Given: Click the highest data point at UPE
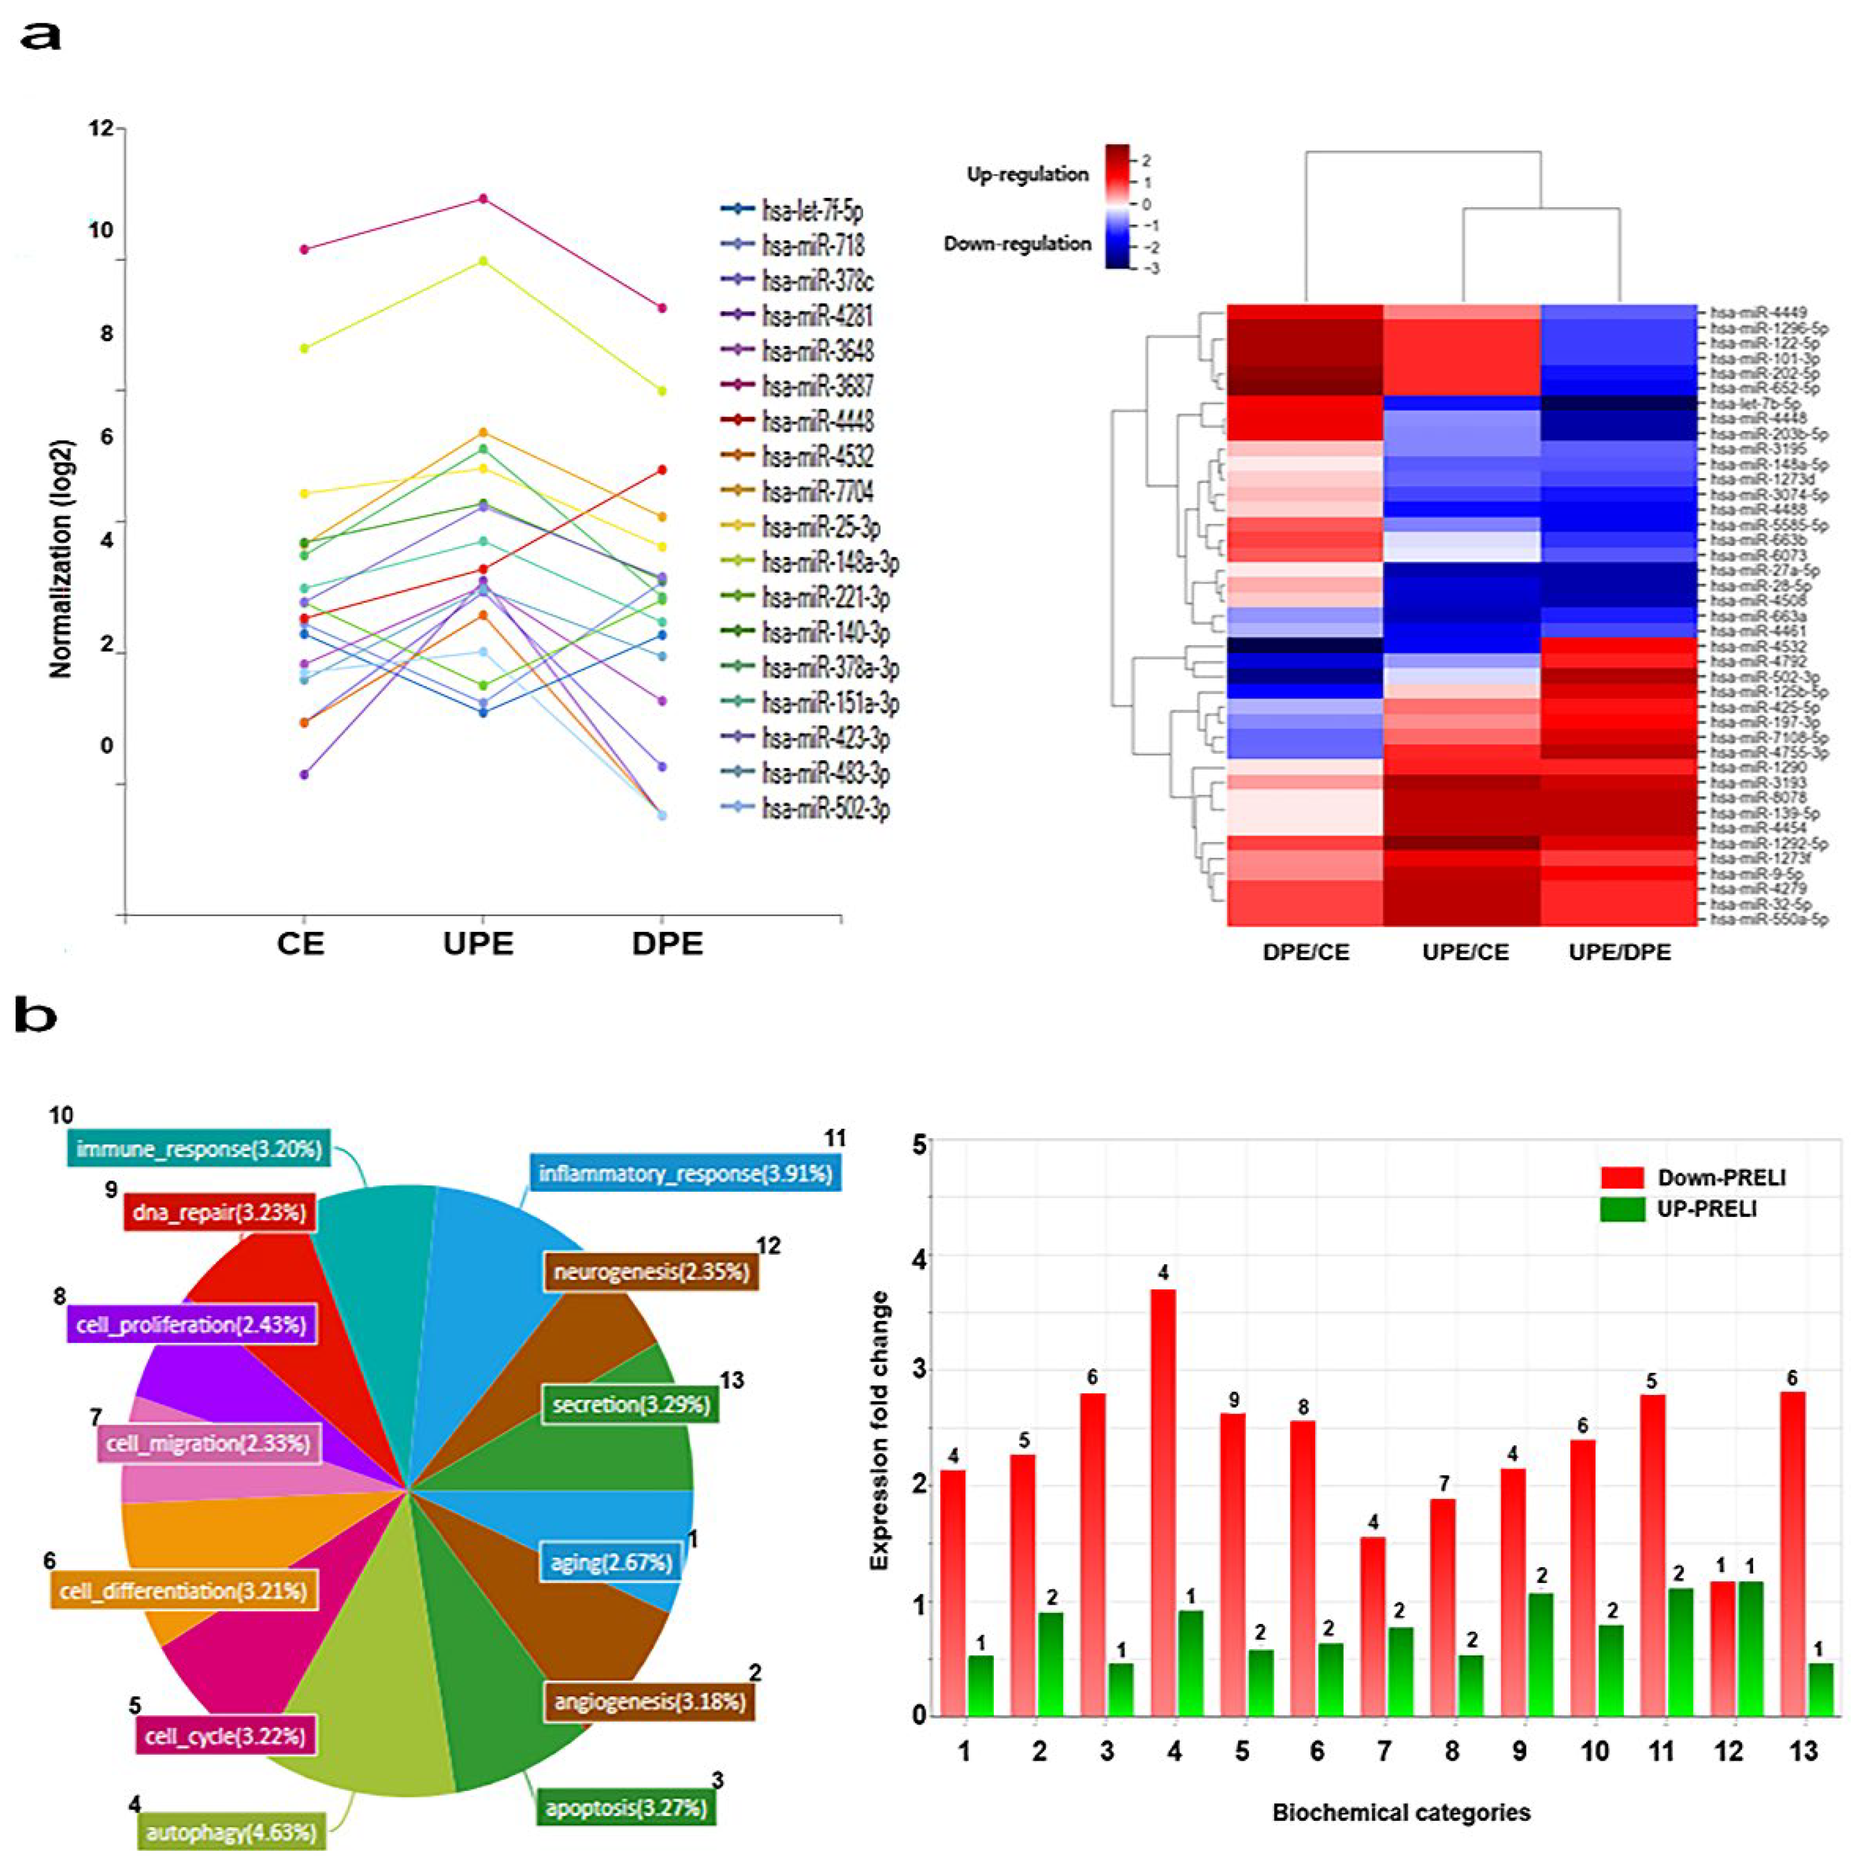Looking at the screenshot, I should (x=484, y=199).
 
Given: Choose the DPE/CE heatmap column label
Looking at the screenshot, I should (x=1305, y=952).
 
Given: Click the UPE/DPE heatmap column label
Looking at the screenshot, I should (x=1619, y=952).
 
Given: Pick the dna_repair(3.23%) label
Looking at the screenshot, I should (x=220, y=1212).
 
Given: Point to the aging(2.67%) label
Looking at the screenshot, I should (x=611, y=1561).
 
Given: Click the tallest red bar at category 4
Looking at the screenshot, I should (x=1163, y=1498).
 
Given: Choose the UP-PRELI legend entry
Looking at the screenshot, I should (x=1706, y=1209).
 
